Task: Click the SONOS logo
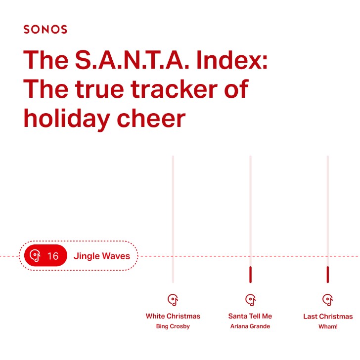coord(45,30)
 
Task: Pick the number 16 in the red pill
coord(53,256)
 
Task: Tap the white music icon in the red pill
coord(35,255)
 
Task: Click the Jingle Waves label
coord(101,256)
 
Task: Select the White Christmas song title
coord(173,316)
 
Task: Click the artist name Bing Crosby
coord(173,326)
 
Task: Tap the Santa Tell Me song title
coord(250,316)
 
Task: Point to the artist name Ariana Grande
coord(250,326)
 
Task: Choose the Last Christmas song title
coord(328,317)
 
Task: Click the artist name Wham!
coord(328,326)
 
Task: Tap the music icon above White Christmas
coord(173,300)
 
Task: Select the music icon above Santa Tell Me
coord(250,300)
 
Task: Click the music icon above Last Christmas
coord(327,300)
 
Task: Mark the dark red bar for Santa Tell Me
coord(250,275)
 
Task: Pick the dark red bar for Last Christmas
coord(328,275)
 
